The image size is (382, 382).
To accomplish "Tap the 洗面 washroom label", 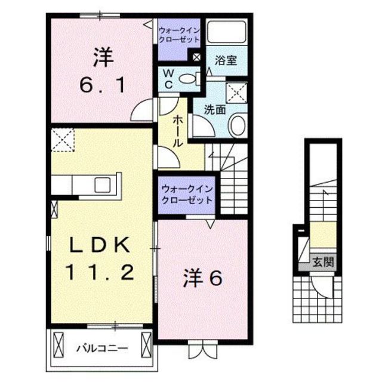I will pyautogui.click(x=213, y=109).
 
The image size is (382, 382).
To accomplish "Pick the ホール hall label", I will pyautogui.click(x=177, y=131).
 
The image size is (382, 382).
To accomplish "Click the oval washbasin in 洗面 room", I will pyautogui.click(x=236, y=125).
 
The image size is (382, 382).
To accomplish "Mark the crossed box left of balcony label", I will pyautogui.click(x=58, y=345).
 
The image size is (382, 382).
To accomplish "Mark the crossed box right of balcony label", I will pyautogui.click(x=146, y=345).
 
